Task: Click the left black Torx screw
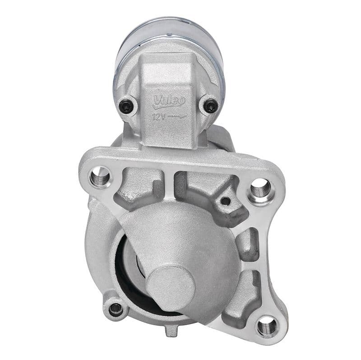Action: pyautogui.click(x=126, y=107)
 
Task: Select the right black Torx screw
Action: pyautogui.click(x=210, y=106)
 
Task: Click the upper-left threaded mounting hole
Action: pyautogui.click(x=100, y=176)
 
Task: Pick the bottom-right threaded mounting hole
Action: pyautogui.click(x=267, y=325)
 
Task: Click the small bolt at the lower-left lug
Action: pyautogui.click(x=116, y=309)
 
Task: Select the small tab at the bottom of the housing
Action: pyautogui.click(x=170, y=332)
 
